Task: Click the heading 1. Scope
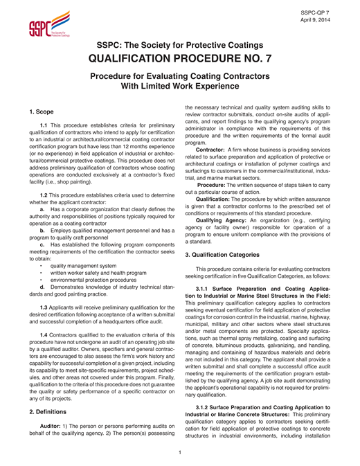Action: (x=42, y=111)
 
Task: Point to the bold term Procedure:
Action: (x=216, y=185)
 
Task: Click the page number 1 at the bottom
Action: (x=180, y=453)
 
